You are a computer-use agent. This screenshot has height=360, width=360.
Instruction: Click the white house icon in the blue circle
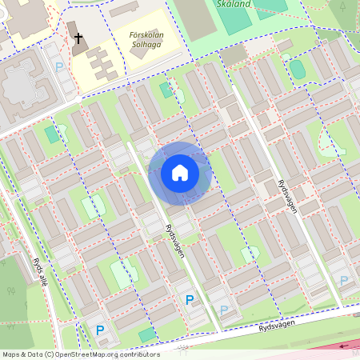180,172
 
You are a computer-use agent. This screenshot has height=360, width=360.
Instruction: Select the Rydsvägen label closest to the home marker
174,240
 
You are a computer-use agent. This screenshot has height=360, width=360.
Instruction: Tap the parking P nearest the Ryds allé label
101,330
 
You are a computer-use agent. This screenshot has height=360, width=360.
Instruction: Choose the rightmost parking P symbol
343,281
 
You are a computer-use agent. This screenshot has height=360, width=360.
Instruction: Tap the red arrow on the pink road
344,346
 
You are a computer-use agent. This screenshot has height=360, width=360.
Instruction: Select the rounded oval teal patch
297,70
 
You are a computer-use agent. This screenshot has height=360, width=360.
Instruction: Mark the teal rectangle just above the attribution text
147,334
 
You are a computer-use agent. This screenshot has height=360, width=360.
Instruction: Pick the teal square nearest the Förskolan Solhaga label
166,90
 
